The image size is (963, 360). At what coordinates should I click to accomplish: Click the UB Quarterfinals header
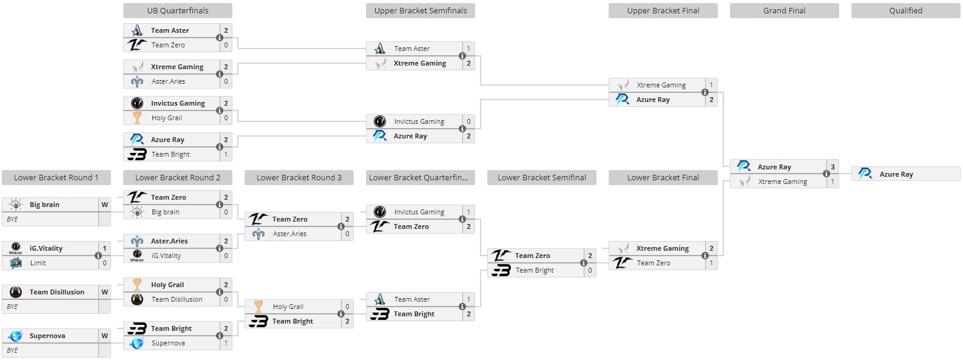click(x=177, y=10)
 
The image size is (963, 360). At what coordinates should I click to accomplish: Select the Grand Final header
click(x=784, y=10)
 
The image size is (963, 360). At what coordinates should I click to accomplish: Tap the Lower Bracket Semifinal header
click(x=541, y=177)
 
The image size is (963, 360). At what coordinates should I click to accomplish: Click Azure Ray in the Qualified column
click(x=896, y=174)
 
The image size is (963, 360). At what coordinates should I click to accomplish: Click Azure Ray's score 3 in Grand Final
click(x=833, y=167)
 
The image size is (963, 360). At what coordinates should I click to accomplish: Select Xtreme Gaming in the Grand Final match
click(x=782, y=182)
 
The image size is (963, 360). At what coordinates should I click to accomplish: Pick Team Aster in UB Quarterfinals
click(x=170, y=30)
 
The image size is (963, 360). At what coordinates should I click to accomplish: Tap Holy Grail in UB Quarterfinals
click(x=167, y=118)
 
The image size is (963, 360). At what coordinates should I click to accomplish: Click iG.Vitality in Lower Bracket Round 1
click(x=46, y=248)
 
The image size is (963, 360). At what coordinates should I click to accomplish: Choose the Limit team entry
click(x=38, y=263)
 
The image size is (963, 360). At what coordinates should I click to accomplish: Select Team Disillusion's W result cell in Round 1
click(x=104, y=292)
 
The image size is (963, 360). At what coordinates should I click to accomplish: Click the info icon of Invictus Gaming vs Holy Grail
click(x=220, y=110)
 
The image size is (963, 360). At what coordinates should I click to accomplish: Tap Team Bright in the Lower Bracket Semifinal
click(x=535, y=270)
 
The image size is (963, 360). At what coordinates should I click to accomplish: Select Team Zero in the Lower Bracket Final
click(x=654, y=263)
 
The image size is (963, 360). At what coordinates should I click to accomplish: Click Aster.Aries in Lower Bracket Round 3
click(x=289, y=234)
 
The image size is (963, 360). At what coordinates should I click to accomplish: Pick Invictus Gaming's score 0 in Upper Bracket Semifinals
click(x=468, y=121)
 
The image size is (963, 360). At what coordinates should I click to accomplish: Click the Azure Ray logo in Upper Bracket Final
click(x=622, y=100)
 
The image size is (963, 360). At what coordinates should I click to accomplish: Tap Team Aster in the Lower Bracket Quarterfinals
click(x=412, y=299)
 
